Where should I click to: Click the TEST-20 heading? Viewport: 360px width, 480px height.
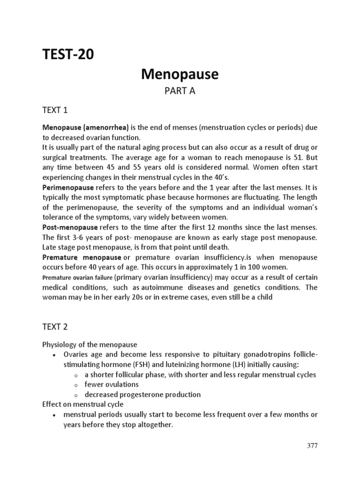pos(68,55)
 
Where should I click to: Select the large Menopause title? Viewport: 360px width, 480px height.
pos(180,74)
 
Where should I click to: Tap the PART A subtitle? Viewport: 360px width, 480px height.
pos(180,91)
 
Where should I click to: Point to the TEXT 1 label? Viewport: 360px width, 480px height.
pos(55,110)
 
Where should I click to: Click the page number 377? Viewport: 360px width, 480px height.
pos(312,446)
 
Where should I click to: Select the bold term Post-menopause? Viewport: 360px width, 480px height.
pos(67,227)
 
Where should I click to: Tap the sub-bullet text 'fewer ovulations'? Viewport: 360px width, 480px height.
pos(112,384)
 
